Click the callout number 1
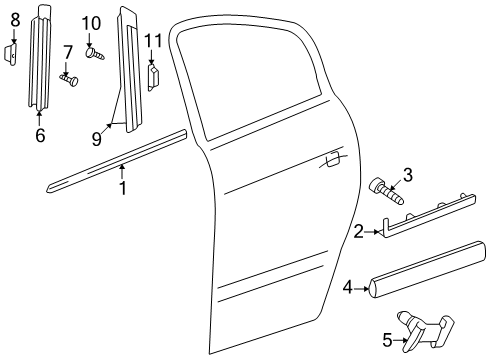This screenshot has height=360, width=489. coord(123,186)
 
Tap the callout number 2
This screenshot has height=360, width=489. coord(358,232)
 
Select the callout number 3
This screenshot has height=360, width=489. coord(407,177)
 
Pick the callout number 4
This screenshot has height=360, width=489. coord(347,288)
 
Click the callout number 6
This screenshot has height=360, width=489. coord(40,135)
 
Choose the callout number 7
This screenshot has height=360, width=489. coord(68,52)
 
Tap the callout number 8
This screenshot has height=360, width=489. coord(14,19)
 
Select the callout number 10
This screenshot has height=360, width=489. coord(91,23)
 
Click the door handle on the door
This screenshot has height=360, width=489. coord(331,157)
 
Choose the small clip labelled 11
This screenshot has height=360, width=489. coord(153,74)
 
